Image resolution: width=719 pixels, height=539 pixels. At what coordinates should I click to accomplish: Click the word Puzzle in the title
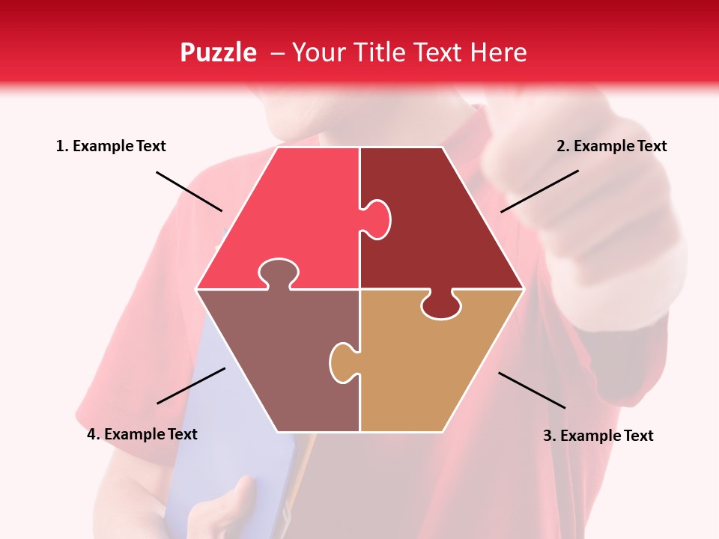pos(218,53)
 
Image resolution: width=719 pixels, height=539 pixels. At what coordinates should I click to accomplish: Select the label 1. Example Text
pos(111,146)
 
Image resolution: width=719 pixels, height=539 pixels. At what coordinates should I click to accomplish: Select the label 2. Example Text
pos(611,146)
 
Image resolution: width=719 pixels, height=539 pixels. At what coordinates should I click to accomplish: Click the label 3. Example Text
pos(598,436)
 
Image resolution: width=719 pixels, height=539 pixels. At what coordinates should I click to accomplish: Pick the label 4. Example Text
pos(142,434)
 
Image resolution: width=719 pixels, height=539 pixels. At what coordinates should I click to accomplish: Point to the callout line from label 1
pos(189,191)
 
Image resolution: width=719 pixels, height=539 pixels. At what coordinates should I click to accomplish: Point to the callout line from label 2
pos(539,191)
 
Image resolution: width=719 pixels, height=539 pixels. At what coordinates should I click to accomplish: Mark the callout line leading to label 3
pos(532,390)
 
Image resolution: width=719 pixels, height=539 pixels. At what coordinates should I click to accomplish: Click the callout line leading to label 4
pos(191,386)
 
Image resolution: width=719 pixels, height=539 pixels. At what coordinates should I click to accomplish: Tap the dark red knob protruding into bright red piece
pos(377,219)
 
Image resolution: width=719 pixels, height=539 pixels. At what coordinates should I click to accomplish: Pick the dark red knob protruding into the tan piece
pos(440,305)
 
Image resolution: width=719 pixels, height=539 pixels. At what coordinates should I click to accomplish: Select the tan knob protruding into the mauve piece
pos(342,362)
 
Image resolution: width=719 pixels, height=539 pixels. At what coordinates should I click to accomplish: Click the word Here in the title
pos(499,52)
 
